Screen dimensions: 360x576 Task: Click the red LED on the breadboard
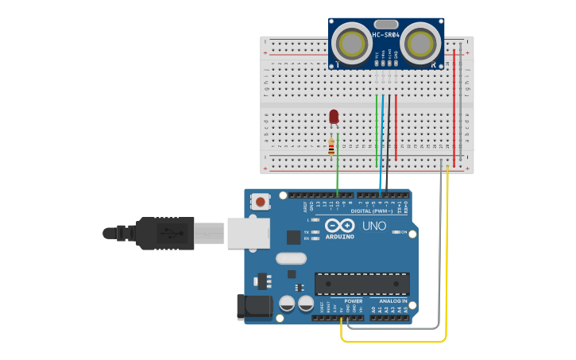(x=334, y=116)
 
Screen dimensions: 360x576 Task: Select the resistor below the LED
(x=331, y=147)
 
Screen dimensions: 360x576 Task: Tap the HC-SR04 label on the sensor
(x=386, y=35)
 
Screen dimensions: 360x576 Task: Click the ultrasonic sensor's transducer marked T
(x=350, y=41)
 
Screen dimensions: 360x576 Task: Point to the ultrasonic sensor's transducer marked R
(x=420, y=41)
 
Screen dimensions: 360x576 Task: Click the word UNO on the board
(x=374, y=226)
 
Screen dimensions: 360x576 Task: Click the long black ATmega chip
(x=362, y=284)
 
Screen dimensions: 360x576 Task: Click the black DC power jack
(x=253, y=308)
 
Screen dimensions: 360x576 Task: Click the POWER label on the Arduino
(x=354, y=301)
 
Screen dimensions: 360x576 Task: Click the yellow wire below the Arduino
(x=393, y=342)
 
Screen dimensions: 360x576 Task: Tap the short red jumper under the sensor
(x=396, y=127)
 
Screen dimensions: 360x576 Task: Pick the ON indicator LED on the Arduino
(x=395, y=232)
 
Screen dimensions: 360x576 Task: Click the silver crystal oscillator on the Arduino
(x=291, y=258)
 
